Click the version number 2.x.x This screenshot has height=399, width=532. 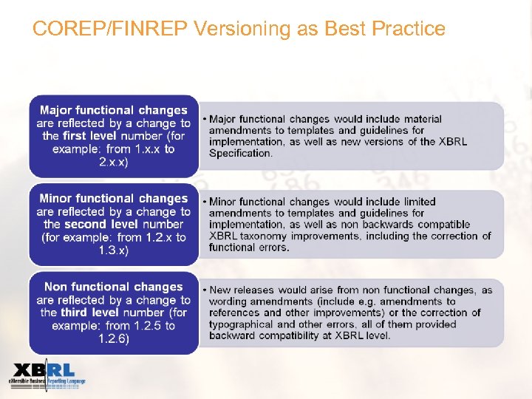[113, 162]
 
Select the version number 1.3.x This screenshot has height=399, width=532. [113, 250]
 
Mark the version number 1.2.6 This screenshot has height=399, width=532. [113, 338]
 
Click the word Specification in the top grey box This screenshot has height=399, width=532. [240, 153]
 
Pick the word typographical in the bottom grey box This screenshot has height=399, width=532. [243, 324]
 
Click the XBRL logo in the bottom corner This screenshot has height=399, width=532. [46, 375]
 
